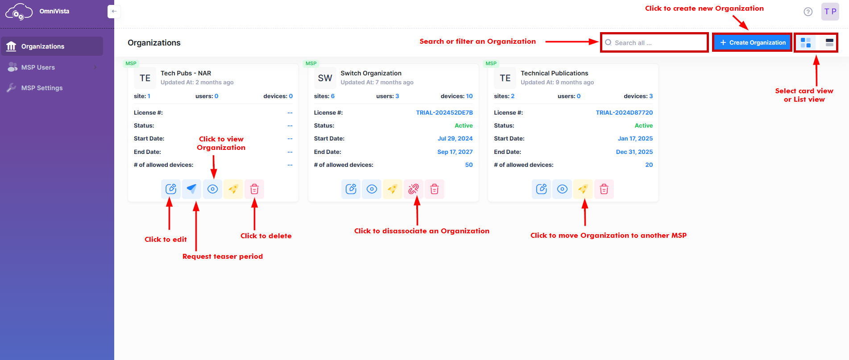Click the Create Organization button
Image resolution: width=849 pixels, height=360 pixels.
(x=752, y=42)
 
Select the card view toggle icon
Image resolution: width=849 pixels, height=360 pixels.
(x=805, y=43)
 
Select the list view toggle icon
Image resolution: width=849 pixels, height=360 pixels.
(x=829, y=43)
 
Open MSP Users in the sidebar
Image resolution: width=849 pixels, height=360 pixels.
(x=38, y=67)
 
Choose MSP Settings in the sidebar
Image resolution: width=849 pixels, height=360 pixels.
(x=41, y=88)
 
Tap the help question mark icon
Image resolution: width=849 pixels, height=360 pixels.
(x=808, y=12)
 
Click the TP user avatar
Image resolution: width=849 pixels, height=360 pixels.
(x=830, y=12)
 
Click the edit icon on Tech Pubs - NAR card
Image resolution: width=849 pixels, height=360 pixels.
(x=171, y=189)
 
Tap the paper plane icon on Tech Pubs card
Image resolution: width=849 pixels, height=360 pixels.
(x=191, y=189)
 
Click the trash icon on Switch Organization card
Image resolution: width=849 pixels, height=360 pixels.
(x=434, y=189)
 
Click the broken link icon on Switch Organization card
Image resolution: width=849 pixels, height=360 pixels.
(x=414, y=189)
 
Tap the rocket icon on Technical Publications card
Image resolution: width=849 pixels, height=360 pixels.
(x=583, y=189)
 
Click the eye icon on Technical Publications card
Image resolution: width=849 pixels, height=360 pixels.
(x=562, y=189)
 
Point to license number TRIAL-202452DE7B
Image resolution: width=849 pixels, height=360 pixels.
(x=444, y=113)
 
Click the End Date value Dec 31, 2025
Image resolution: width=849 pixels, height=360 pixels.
(x=634, y=152)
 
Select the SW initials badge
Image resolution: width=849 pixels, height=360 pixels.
(x=325, y=78)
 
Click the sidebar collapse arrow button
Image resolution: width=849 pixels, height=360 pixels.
(x=114, y=12)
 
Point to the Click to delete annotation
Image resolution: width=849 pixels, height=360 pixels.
(x=266, y=236)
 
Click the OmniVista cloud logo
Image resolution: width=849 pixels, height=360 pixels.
(x=18, y=12)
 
